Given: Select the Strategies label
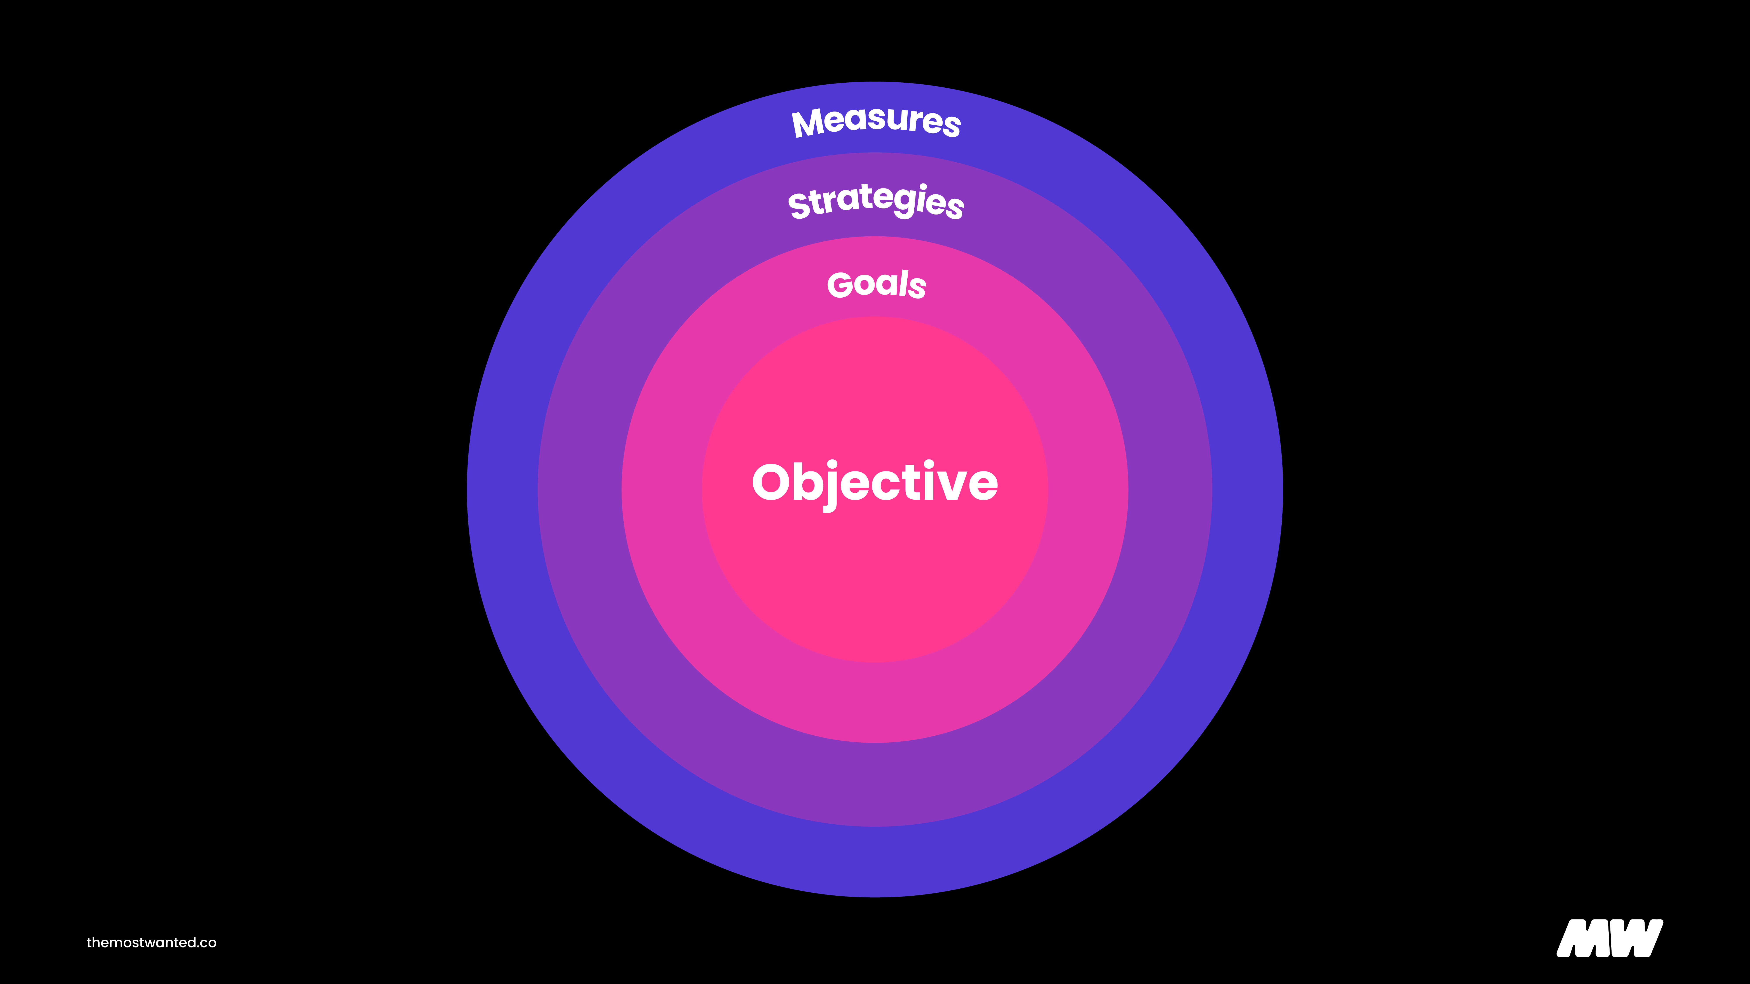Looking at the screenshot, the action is click(x=876, y=201).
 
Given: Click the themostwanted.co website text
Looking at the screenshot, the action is click(x=152, y=943).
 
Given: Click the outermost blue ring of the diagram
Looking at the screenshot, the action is click(x=503, y=489).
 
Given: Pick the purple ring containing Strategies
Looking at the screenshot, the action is click(x=579, y=489).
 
